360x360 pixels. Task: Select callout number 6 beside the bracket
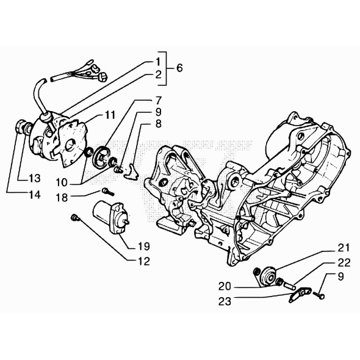[x=179, y=68]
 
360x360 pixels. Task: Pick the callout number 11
[x=110, y=114]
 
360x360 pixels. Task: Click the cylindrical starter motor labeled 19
[x=109, y=216]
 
